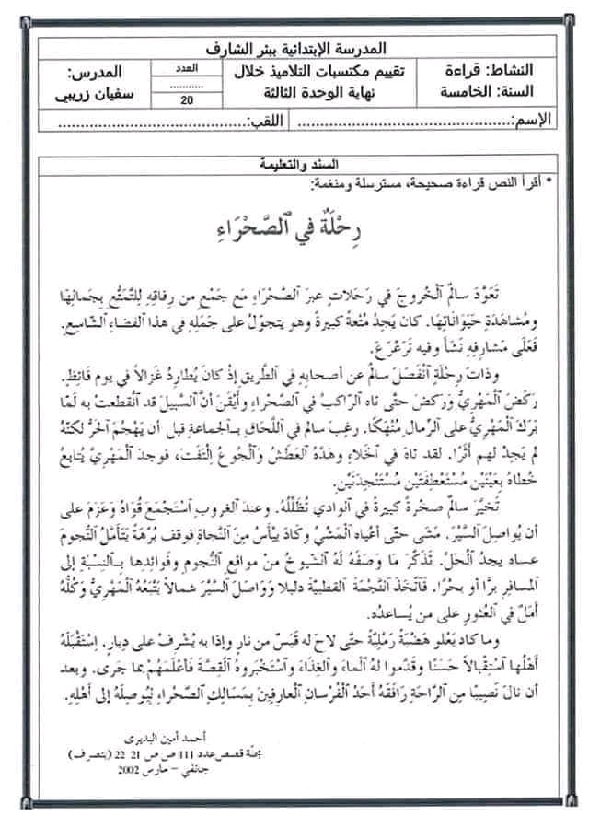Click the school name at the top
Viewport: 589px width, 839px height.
[x=302, y=47]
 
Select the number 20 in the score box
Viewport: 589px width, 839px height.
[x=189, y=102]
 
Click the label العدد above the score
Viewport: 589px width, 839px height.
[x=188, y=68]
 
